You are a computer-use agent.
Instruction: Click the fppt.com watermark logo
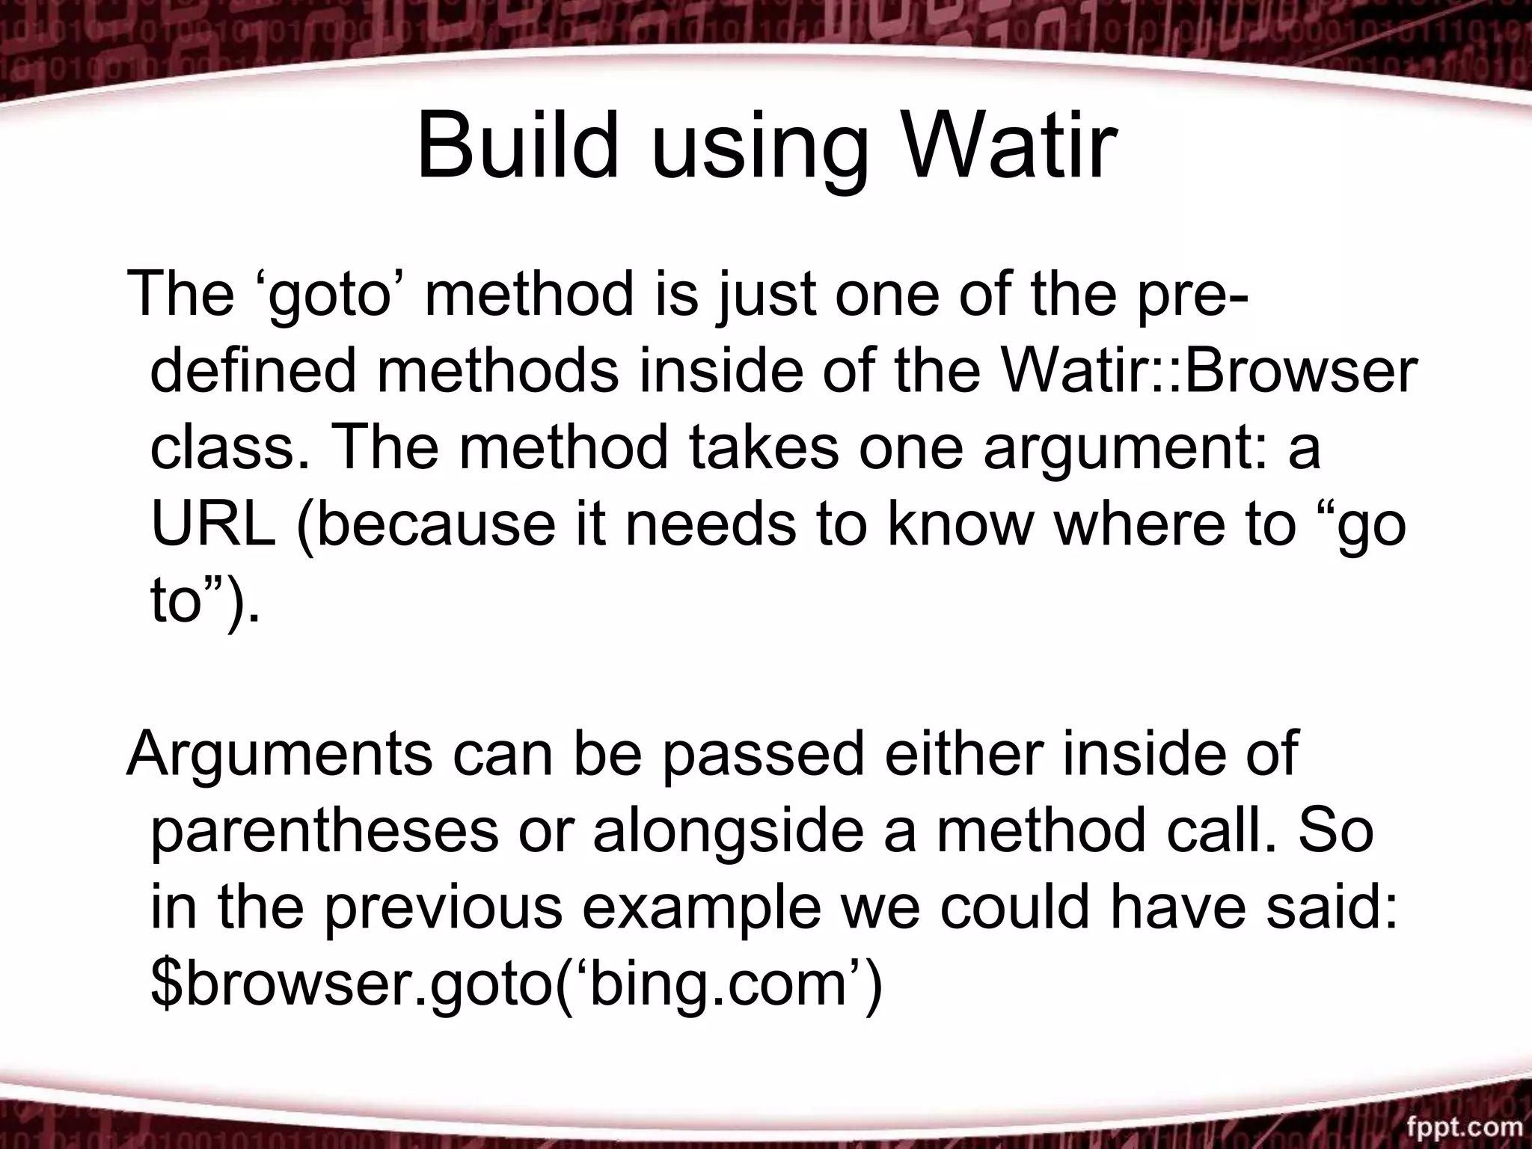tap(1463, 1127)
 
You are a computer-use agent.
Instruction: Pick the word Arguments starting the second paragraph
tap(279, 754)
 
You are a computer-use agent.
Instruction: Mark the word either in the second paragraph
tap(962, 754)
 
